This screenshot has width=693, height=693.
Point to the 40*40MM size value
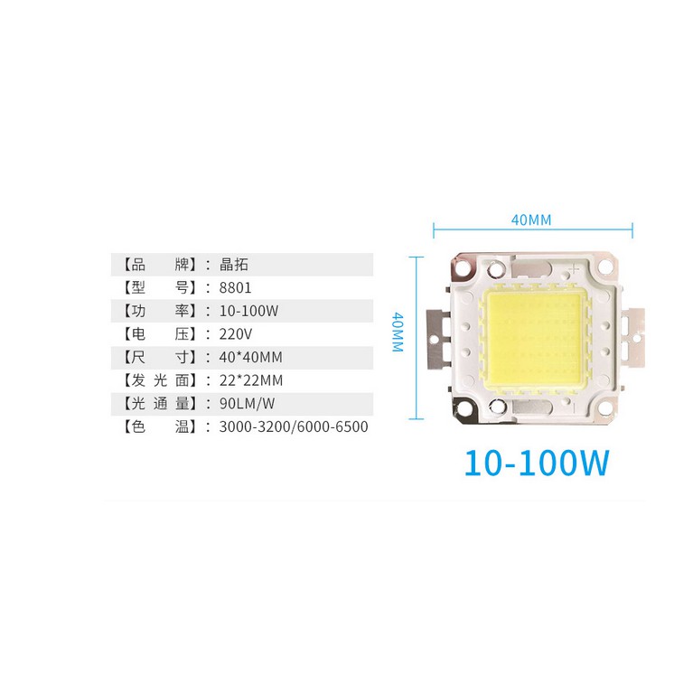pos(251,357)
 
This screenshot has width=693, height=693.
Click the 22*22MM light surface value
pos(251,379)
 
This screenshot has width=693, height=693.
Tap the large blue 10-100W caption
pos(537,463)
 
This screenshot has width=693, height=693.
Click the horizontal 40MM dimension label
pos(531,220)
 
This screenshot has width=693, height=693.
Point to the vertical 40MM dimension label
pos(397,334)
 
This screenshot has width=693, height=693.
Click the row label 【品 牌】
pos(155,265)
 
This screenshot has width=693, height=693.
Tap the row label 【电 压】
pos(155,333)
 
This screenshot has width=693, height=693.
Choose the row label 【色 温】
pos(155,426)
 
